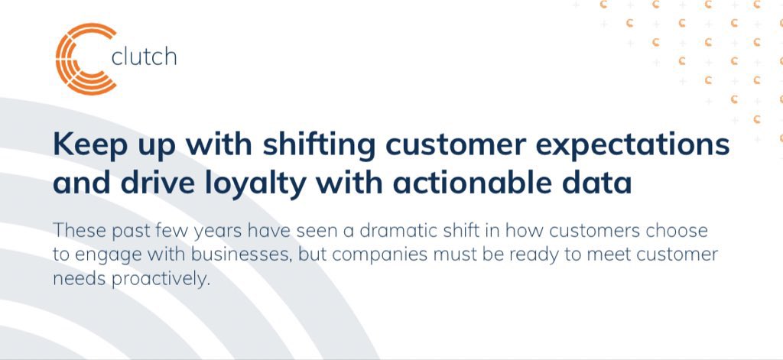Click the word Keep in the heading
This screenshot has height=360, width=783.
coord(82,145)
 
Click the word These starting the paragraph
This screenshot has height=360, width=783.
coord(79,230)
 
